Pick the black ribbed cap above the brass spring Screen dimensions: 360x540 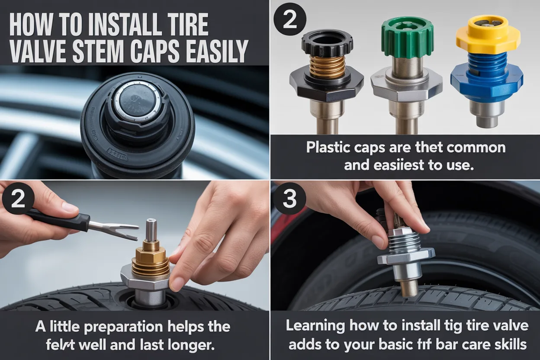click(x=327, y=44)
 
